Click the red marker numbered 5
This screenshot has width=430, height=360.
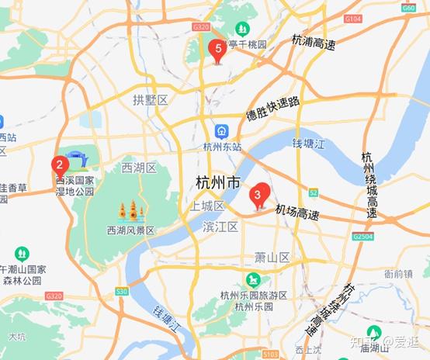pos(217,50)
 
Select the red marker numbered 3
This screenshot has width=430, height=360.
pos(258,194)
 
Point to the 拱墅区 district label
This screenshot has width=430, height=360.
pos(150,100)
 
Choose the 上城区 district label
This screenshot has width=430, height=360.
pos(207,206)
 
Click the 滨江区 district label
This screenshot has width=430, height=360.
pos(220,227)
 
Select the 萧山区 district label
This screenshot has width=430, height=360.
pos(272,257)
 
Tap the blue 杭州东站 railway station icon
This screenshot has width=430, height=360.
pos(223,130)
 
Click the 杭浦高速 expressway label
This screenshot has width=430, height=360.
pos(314,42)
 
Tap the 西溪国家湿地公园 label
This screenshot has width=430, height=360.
pos(75,185)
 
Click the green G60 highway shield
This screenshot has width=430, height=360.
pos(409,7)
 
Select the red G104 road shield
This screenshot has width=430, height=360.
pos(352,18)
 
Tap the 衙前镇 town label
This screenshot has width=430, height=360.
pos(398,273)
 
